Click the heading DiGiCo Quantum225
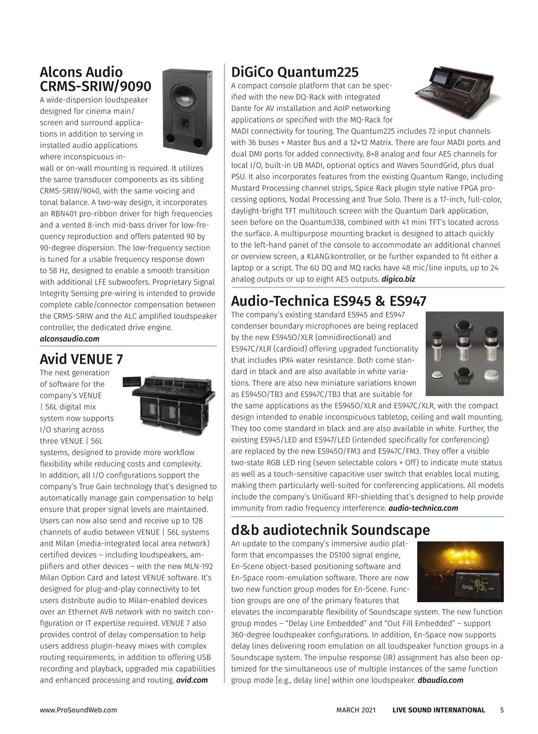(x=295, y=72)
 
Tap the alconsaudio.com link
(x=69, y=339)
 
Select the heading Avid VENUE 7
(x=81, y=359)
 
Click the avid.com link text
(x=192, y=680)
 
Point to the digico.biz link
(x=398, y=279)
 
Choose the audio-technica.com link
(x=423, y=508)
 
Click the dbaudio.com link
(x=440, y=680)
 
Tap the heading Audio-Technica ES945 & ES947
(x=328, y=301)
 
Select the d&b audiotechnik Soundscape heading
(x=330, y=530)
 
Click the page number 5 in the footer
(x=502, y=710)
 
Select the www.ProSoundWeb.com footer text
(x=78, y=710)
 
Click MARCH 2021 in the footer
(x=356, y=710)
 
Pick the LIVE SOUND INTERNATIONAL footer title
(x=438, y=710)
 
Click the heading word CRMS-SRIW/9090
(x=95, y=86)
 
